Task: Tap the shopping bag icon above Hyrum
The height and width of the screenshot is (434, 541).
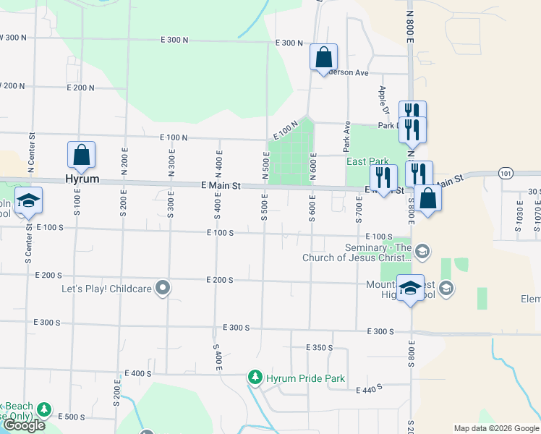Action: point(81,155)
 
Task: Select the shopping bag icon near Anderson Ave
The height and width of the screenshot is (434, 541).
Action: point(323,56)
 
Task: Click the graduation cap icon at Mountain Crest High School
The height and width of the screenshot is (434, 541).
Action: point(411,287)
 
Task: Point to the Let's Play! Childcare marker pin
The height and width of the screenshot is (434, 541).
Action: point(163,289)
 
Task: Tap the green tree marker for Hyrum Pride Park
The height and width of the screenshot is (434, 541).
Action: point(255,378)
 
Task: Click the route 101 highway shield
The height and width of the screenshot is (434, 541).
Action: point(506,173)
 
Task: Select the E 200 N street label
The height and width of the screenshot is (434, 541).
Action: point(80,88)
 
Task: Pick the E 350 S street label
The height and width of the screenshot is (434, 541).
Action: point(319,348)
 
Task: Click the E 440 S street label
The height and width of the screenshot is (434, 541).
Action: point(370,390)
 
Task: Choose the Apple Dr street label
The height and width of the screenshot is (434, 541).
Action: point(384,101)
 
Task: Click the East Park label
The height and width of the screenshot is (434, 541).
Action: point(367,162)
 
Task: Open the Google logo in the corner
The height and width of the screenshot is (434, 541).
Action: point(24,425)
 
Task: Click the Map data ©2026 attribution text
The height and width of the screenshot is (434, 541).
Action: point(495,428)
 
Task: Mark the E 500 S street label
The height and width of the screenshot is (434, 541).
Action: point(71,417)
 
